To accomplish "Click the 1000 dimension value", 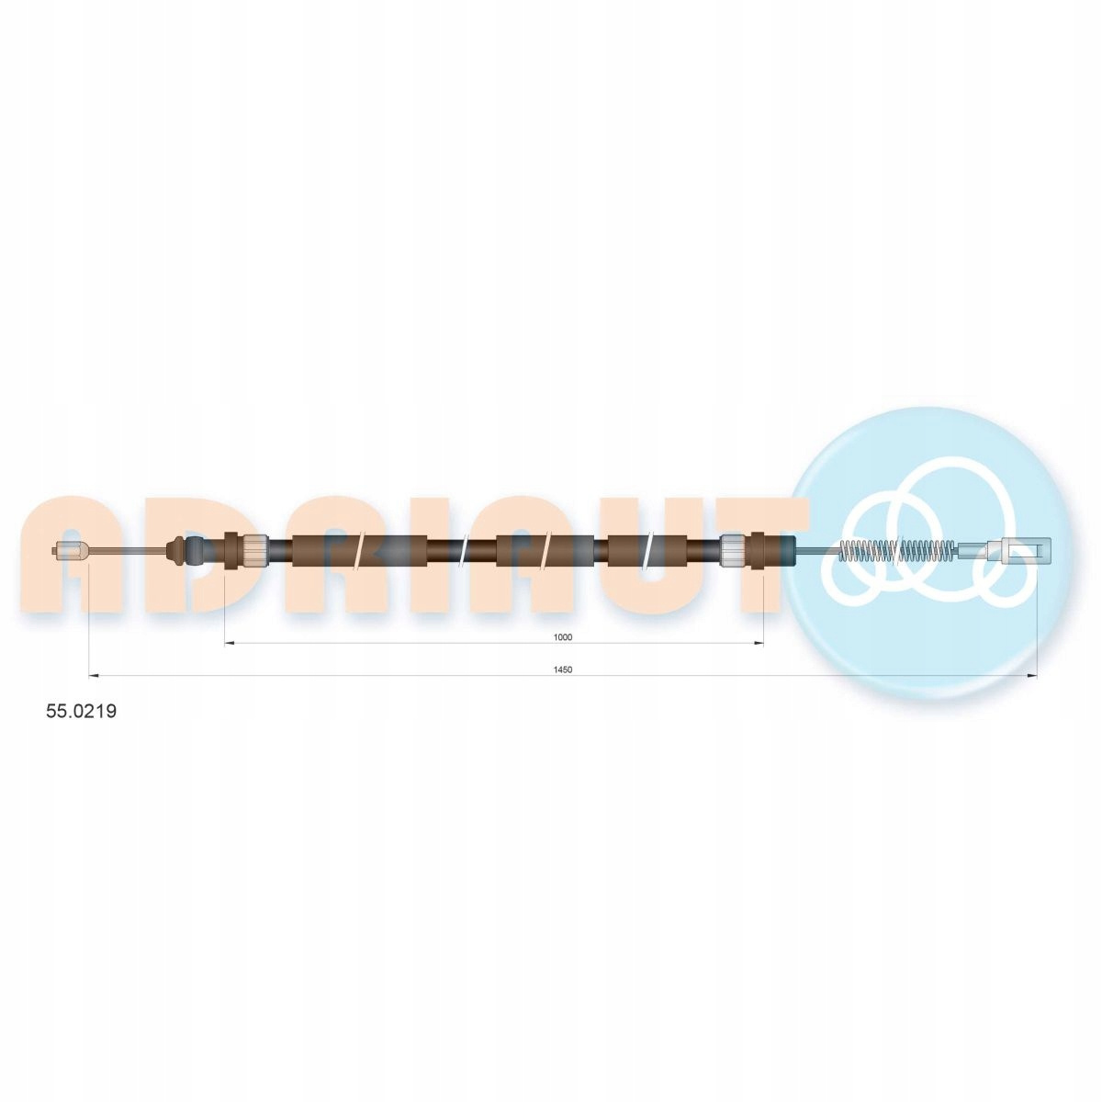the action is [x=563, y=637].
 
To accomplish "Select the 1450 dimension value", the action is [x=563, y=669].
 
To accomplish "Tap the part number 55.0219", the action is [x=81, y=711].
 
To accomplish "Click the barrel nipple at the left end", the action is [x=70, y=551].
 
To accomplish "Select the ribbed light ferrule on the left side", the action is [x=254, y=551].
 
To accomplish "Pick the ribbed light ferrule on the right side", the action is [x=733, y=551].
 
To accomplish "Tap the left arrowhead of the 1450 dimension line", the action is [x=95, y=676].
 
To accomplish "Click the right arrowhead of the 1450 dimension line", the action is [x=1030, y=676].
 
